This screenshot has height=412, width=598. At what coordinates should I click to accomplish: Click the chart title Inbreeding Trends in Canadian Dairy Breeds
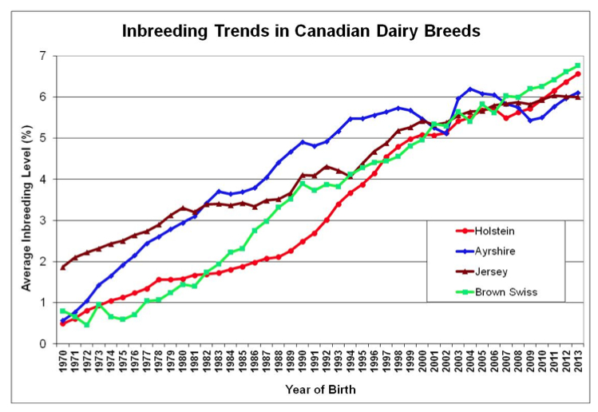[x=299, y=33]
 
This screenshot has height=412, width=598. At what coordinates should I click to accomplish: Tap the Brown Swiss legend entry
[x=497, y=292]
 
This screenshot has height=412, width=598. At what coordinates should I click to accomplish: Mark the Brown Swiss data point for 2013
[x=577, y=65]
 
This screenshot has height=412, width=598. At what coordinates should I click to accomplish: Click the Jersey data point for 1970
[x=62, y=267]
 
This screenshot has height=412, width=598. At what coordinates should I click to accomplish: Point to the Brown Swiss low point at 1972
[x=86, y=324]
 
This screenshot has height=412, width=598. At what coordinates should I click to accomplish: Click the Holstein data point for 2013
[x=577, y=73]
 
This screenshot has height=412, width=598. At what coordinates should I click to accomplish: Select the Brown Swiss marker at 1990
[x=302, y=184]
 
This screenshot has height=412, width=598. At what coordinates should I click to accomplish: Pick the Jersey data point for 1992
[x=326, y=166]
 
